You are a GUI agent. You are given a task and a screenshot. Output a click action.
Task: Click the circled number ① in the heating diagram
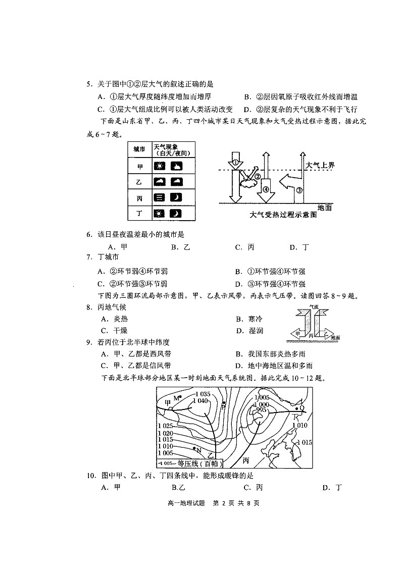click(235, 163)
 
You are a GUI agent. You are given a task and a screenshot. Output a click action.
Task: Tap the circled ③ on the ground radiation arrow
click(299, 190)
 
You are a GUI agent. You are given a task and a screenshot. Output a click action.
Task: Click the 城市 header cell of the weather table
click(139, 149)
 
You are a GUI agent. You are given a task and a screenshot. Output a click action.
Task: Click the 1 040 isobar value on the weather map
click(200, 401)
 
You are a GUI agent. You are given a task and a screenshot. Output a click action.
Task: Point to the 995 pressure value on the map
click(261, 410)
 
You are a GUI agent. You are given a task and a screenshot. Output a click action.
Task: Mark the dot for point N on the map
click(194, 448)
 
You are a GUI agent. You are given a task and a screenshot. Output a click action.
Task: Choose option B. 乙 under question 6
click(180, 247)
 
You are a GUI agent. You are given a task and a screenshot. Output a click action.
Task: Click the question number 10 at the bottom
click(91, 475)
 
